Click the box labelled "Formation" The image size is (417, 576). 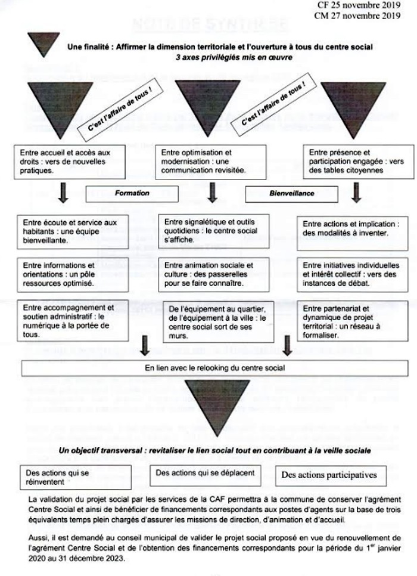tap(132, 194)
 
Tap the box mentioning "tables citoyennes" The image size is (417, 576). tap(354, 161)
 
